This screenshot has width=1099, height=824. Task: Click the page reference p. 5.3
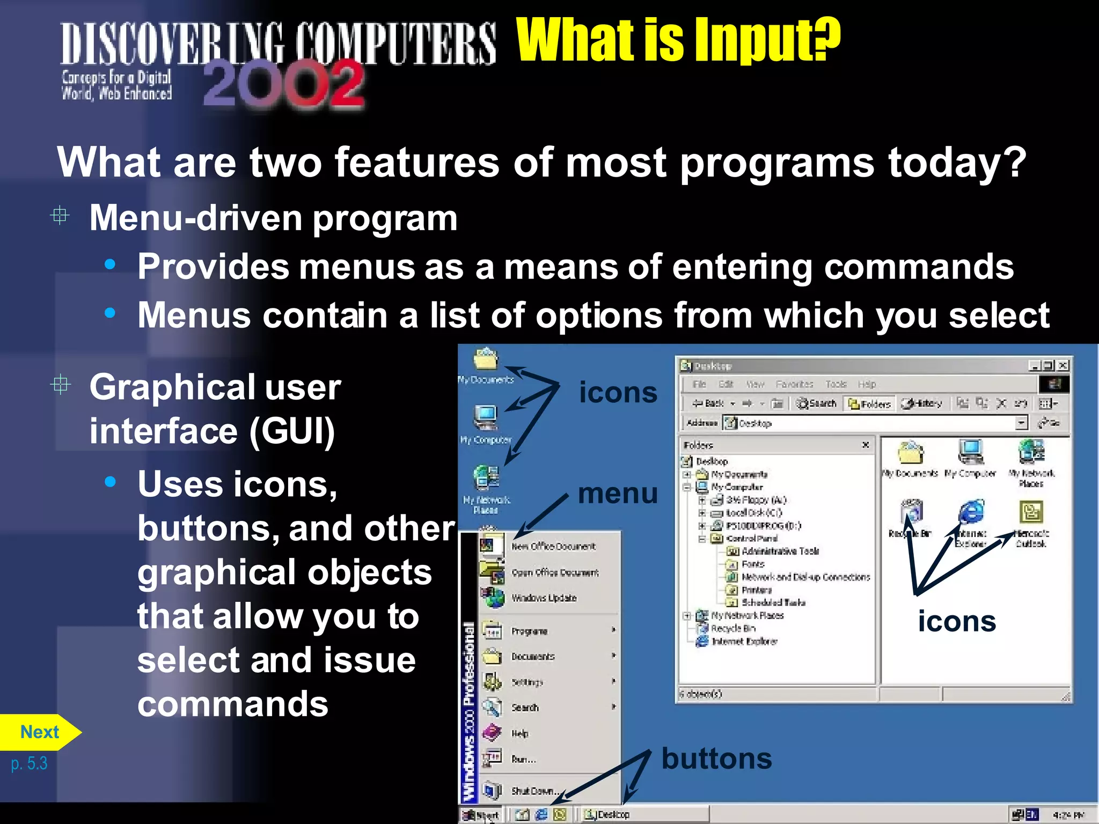pos(29,763)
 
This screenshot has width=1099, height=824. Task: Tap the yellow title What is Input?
pos(678,40)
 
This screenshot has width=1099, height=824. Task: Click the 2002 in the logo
pos(284,84)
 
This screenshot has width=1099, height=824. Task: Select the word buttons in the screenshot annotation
pos(716,759)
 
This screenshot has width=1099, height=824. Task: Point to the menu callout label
pos(618,494)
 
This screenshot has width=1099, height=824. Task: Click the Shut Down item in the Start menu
pos(534,791)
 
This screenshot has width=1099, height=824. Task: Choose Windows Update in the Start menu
pos(543,598)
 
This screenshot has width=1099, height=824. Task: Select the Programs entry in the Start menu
pos(529,631)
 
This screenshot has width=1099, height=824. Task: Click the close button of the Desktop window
pos(1063,366)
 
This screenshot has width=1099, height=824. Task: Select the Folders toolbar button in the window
pos(870,404)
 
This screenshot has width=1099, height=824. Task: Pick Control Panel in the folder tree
pos(751,539)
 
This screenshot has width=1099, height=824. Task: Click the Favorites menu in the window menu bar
pos(794,384)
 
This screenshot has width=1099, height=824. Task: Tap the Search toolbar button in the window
pos(817,403)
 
